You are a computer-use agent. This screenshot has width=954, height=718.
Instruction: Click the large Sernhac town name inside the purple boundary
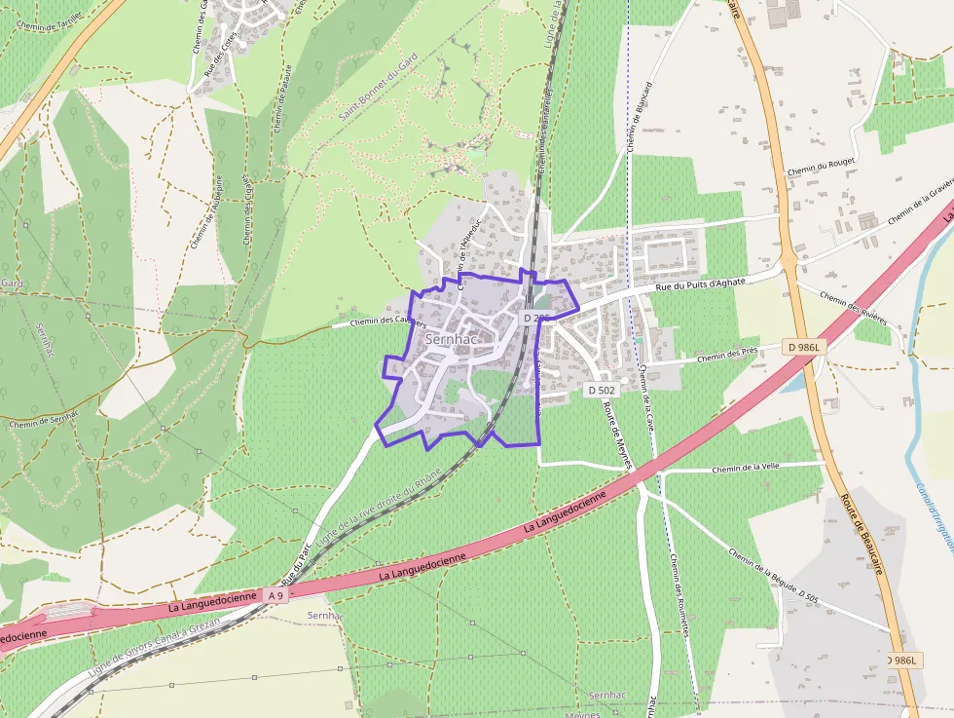click(x=449, y=339)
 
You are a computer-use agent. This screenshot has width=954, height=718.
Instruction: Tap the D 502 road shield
click(x=601, y=390)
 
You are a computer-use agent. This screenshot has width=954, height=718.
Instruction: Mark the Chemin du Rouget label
click(x=814, y=168)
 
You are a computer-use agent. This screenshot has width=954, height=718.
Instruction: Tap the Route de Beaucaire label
click(x=862, y=535)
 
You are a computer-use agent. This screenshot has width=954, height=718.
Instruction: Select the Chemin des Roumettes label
click(x=679, y=595)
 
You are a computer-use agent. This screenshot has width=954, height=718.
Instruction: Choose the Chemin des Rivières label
click(x=854, y=309)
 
